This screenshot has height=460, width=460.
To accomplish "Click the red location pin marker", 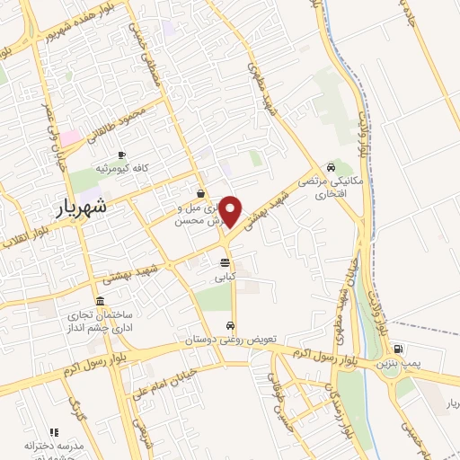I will [231, 210].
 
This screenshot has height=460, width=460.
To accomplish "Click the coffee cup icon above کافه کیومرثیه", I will [121, 155].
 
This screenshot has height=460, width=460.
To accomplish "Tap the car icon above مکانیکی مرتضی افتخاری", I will [332, 167].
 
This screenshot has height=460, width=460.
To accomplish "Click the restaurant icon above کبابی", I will [224, 262].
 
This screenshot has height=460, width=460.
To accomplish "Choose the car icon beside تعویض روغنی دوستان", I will [231, 325].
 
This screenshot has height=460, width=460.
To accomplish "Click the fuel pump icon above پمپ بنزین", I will [398, 350].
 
